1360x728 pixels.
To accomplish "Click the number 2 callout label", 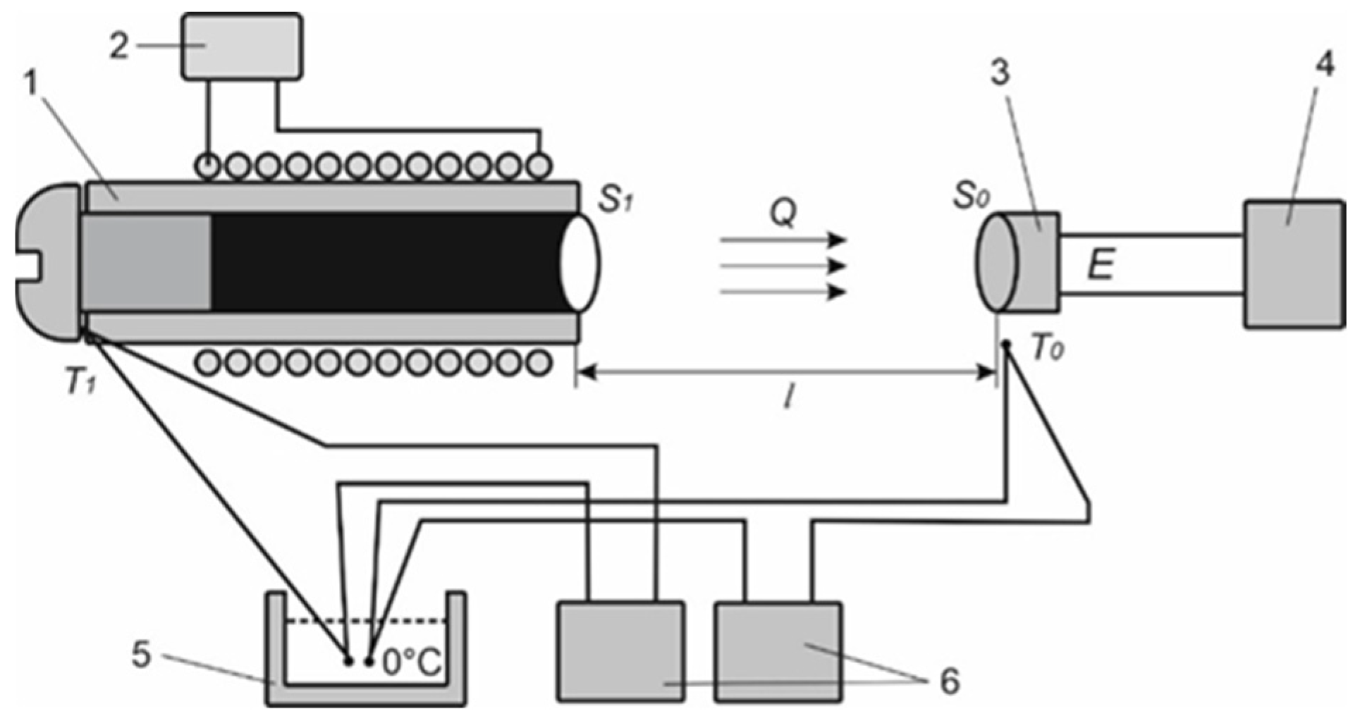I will [120, 47].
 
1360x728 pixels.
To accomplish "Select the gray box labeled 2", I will [243, 45].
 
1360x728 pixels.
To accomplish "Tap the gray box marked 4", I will [1293, 264].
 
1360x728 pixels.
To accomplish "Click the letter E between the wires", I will [1101, 266].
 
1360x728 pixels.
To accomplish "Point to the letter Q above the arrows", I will [783, 212].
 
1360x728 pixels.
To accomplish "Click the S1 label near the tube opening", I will [614, 199].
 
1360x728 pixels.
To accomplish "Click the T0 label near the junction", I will [1047, 350].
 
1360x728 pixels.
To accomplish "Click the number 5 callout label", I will [142, 655].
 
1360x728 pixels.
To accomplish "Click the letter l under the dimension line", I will [789, 400].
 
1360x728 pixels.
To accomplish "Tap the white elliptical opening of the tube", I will [580, 263].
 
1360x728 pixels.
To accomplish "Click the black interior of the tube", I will [388, 262].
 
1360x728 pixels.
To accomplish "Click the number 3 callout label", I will [1000, 73].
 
